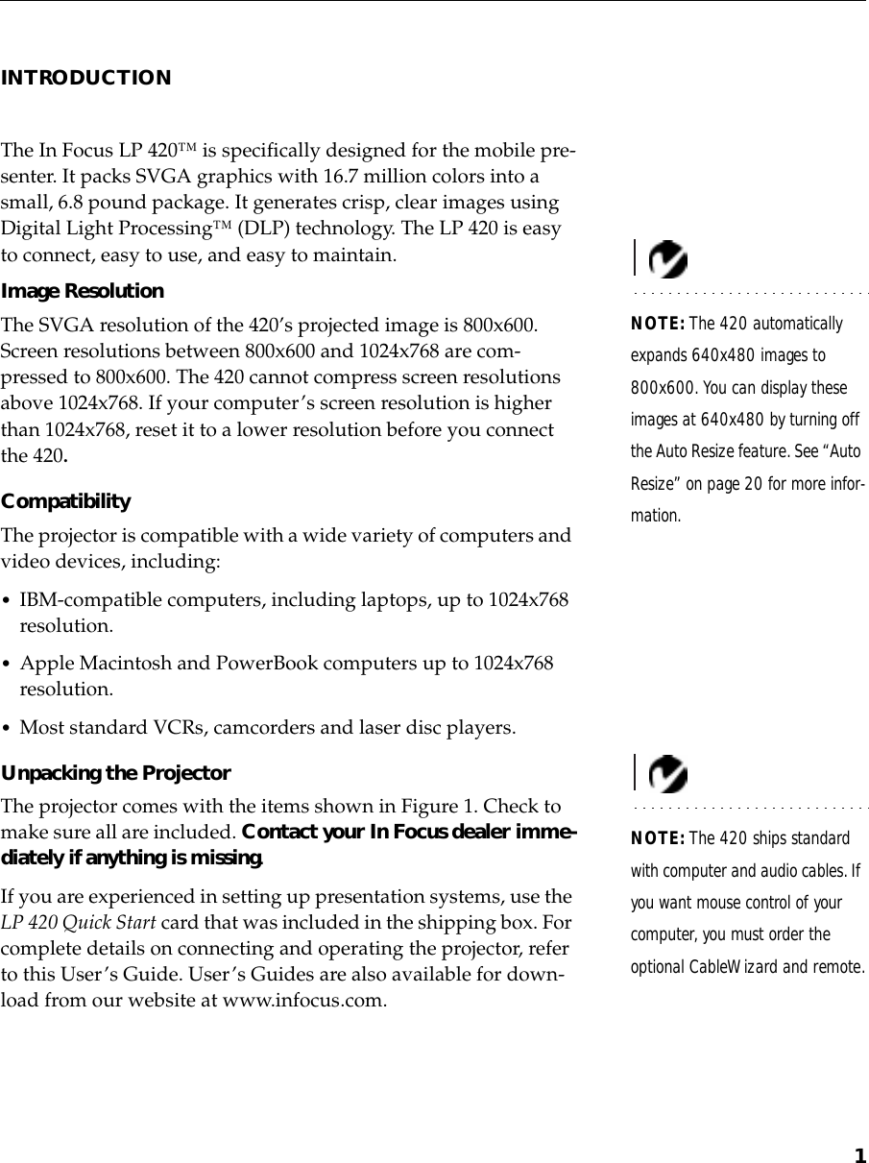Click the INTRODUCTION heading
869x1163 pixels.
(x=86, y=78)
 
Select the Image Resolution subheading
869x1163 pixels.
(x=83, y=291)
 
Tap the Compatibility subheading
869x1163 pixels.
(x=66, y=501)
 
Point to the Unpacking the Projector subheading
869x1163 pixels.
(x=116, y=773)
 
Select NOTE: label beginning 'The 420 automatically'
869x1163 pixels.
(x=658, y=324)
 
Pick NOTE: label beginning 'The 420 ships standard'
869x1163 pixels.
(x=658, y=839)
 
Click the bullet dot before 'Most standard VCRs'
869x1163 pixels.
(x=8, y=728)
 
